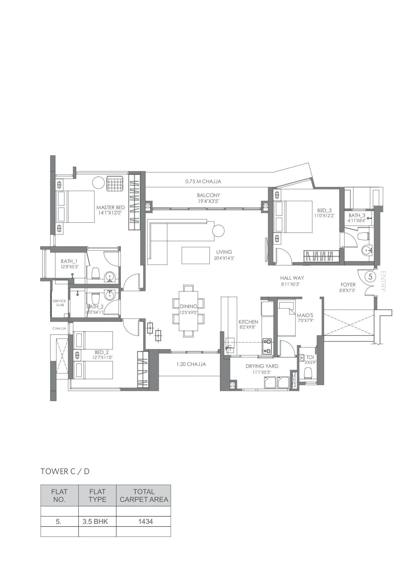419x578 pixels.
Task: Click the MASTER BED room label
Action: [x=111, y=208]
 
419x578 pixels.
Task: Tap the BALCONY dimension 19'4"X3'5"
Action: [x=208, y=201]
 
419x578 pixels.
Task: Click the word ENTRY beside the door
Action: [x=383, y=281]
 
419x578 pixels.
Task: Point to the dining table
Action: [x=188, y=310]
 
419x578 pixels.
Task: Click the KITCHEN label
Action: [x=248, y=322]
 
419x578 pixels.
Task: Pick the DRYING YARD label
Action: [x=262, y=366]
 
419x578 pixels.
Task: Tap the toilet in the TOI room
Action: [x=308, y=373]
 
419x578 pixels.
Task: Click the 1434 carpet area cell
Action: [x=145, y=522]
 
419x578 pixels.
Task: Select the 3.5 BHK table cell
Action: [x=97, y=522]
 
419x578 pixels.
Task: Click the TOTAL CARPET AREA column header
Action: [x=144, y=496]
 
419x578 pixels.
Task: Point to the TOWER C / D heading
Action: [x=65, y=471]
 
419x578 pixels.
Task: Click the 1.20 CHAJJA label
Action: [x=191, y=364]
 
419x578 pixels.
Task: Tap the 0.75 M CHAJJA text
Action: [x=203, y=181]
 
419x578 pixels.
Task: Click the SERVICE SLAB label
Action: [x=59, y=303]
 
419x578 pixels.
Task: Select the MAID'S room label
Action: [x=305, y=315]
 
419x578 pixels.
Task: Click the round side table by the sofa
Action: [x=218, y=230]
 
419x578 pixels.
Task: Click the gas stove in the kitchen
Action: [x=267, y=346]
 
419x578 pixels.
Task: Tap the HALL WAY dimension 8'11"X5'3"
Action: [x=291, y=284]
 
